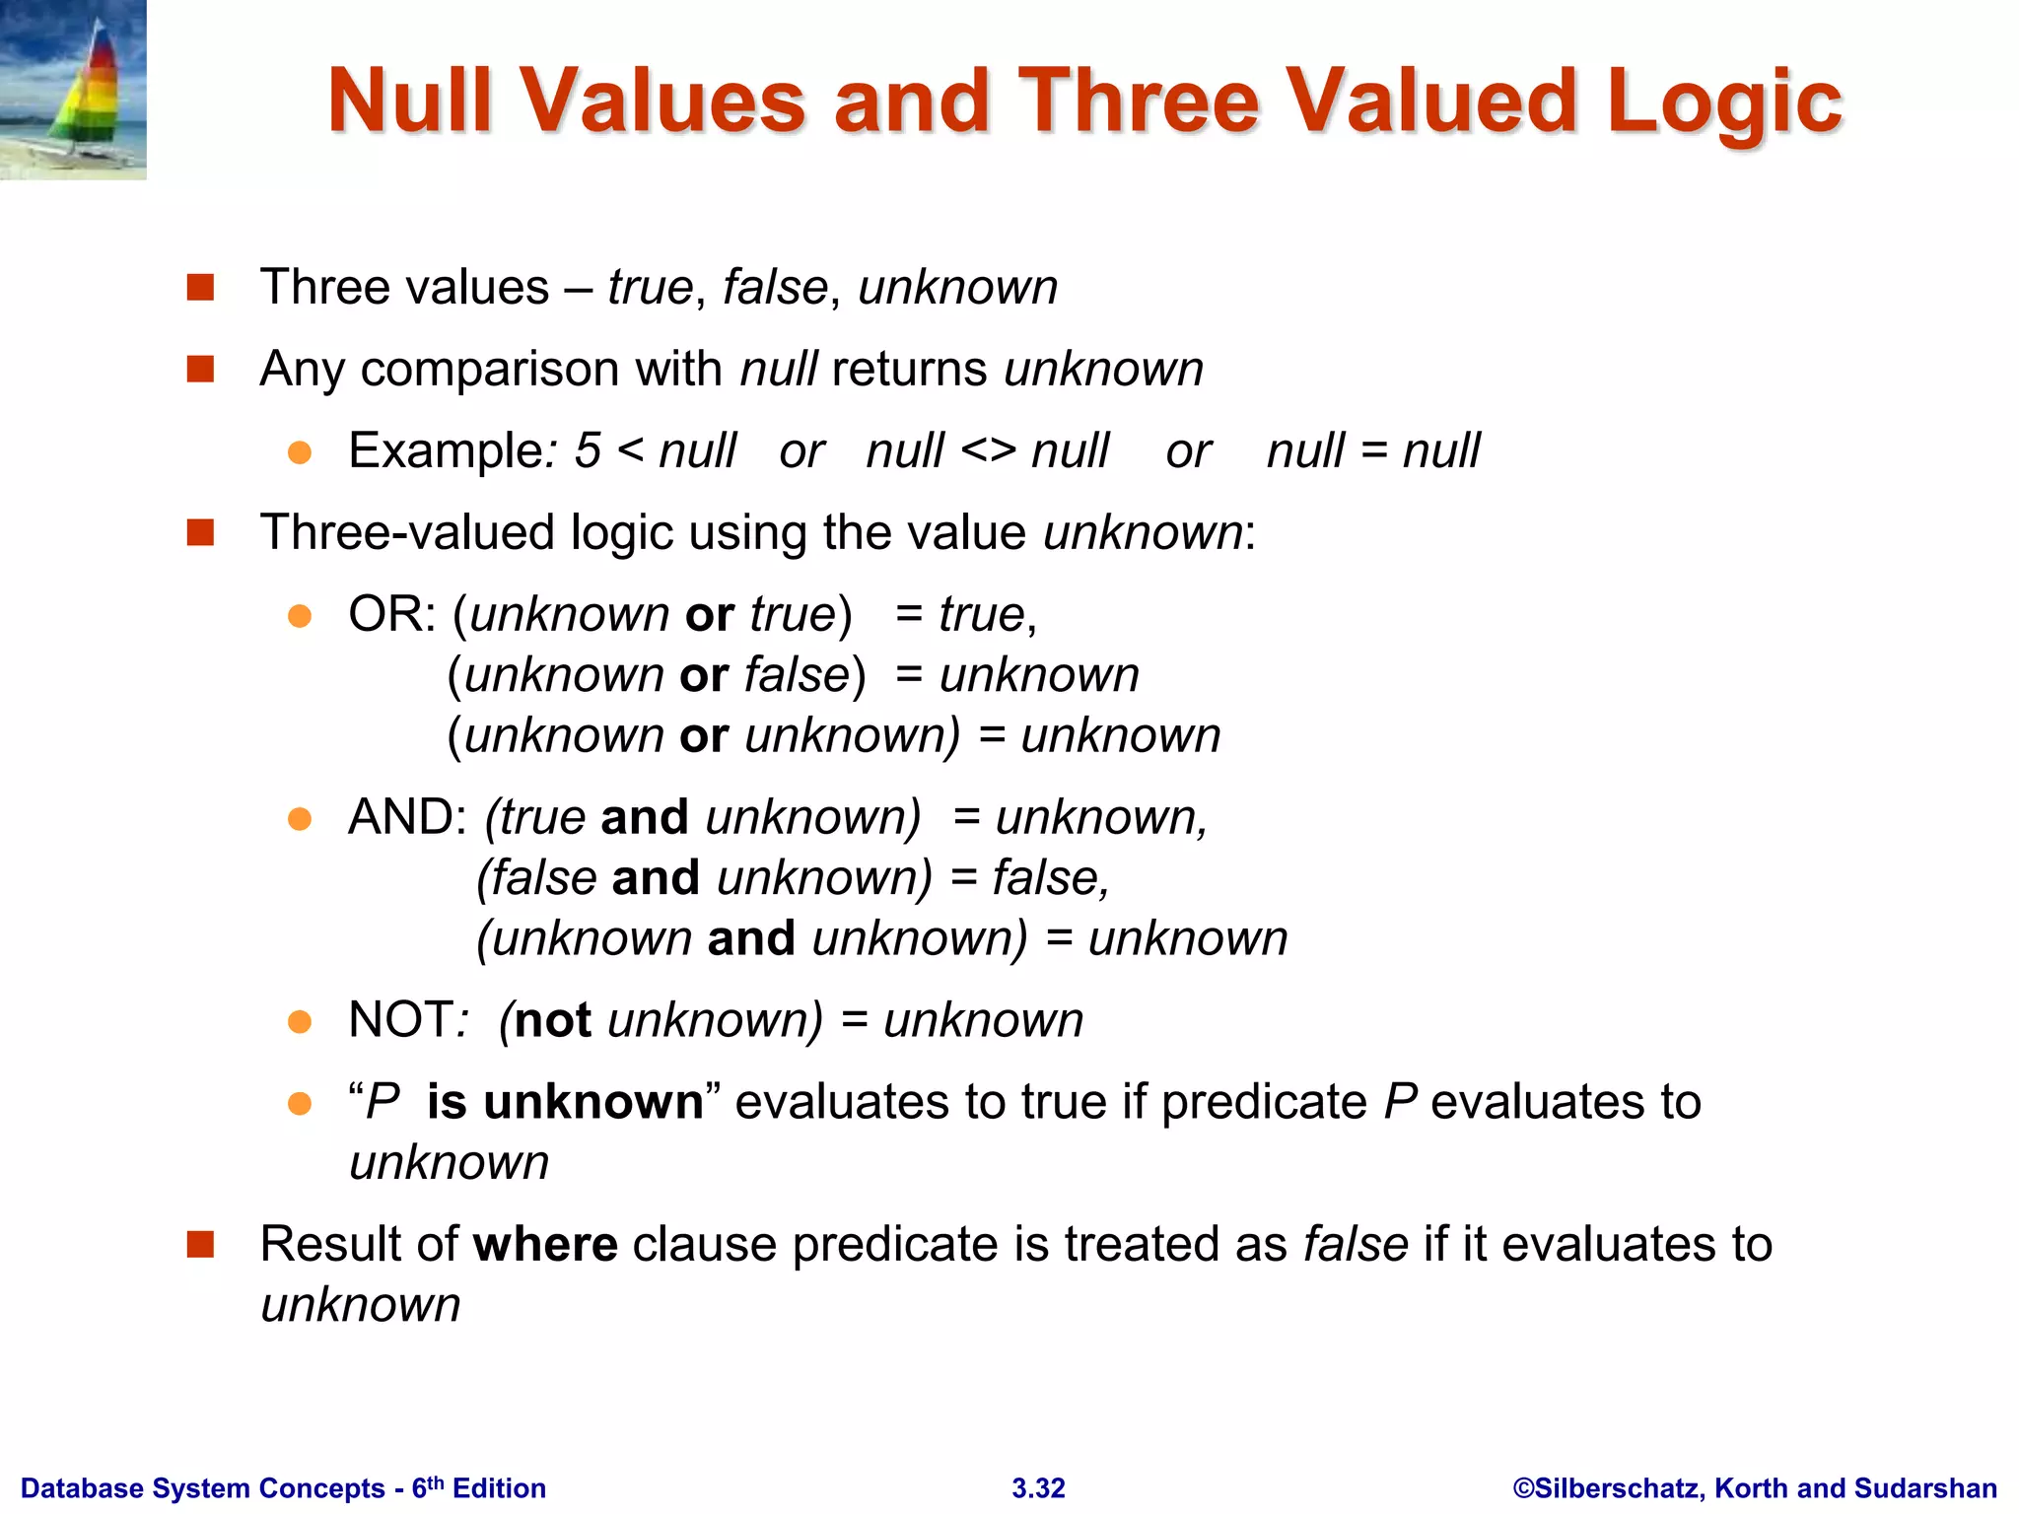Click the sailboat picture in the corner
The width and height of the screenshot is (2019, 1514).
[x=73, y=90]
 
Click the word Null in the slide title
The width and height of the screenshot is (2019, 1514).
[x=409, y=101]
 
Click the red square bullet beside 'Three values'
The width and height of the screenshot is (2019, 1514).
[x=201, y=288]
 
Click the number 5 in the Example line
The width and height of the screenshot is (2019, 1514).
[x=588, y=451]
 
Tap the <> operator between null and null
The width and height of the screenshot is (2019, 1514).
[x=988, y=451]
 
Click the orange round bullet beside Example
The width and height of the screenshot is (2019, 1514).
[x=300, y=452]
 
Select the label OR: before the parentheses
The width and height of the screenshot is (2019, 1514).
[x=391, y=614]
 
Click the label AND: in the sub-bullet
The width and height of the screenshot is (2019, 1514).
[x=407, y=817]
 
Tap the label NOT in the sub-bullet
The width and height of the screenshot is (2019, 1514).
[x=401, y=1020]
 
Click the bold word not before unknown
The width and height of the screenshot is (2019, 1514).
[x=553, y=1020]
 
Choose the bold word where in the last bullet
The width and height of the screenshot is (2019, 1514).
[x=545, y=1244]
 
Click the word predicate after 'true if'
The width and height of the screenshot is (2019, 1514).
[x=1264, y=1102]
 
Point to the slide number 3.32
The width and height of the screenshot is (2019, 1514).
[x=1038, y=1488]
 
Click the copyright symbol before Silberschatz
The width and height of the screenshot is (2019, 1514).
[x=1523, y=1488]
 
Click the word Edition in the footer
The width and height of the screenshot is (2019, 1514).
[x=499, y=1488]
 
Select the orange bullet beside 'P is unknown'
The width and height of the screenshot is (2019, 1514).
[x=300, y=1103]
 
